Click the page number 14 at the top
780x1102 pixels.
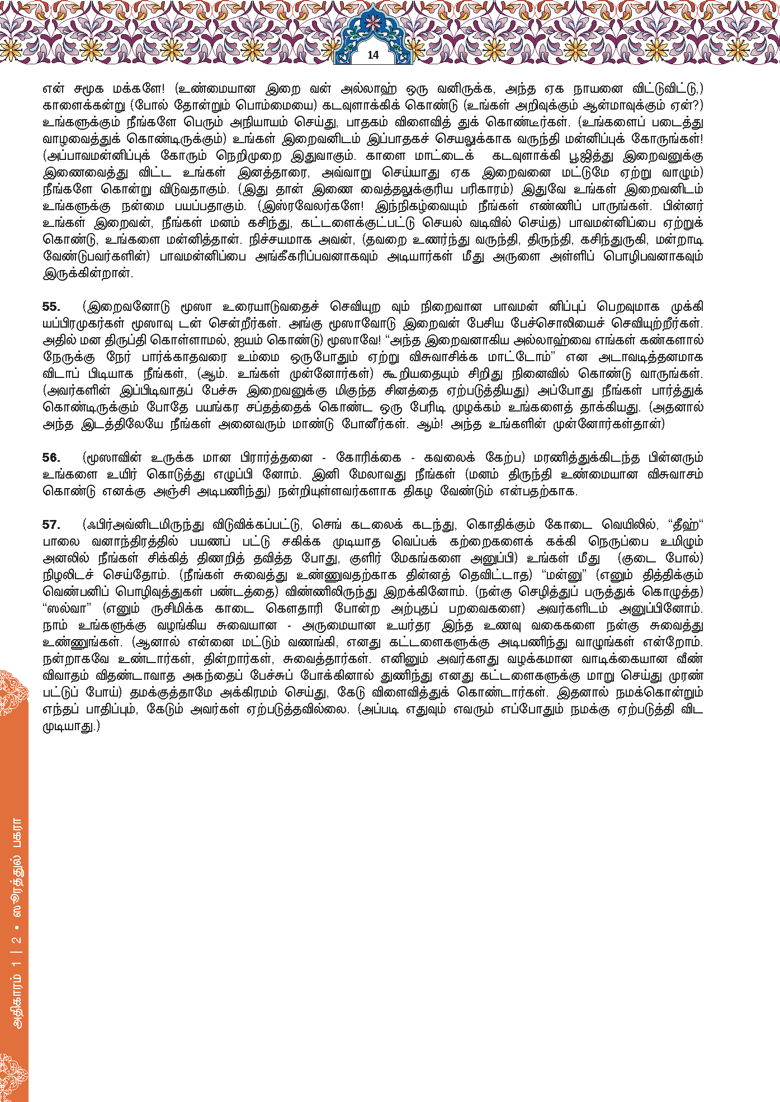(373, 55)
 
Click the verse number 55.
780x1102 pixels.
(51, 307)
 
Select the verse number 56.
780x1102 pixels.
(51, 458)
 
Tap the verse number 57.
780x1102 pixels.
(51, 525)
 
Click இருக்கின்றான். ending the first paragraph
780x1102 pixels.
(88, 273)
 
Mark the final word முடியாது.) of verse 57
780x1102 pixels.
(71, 726)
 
